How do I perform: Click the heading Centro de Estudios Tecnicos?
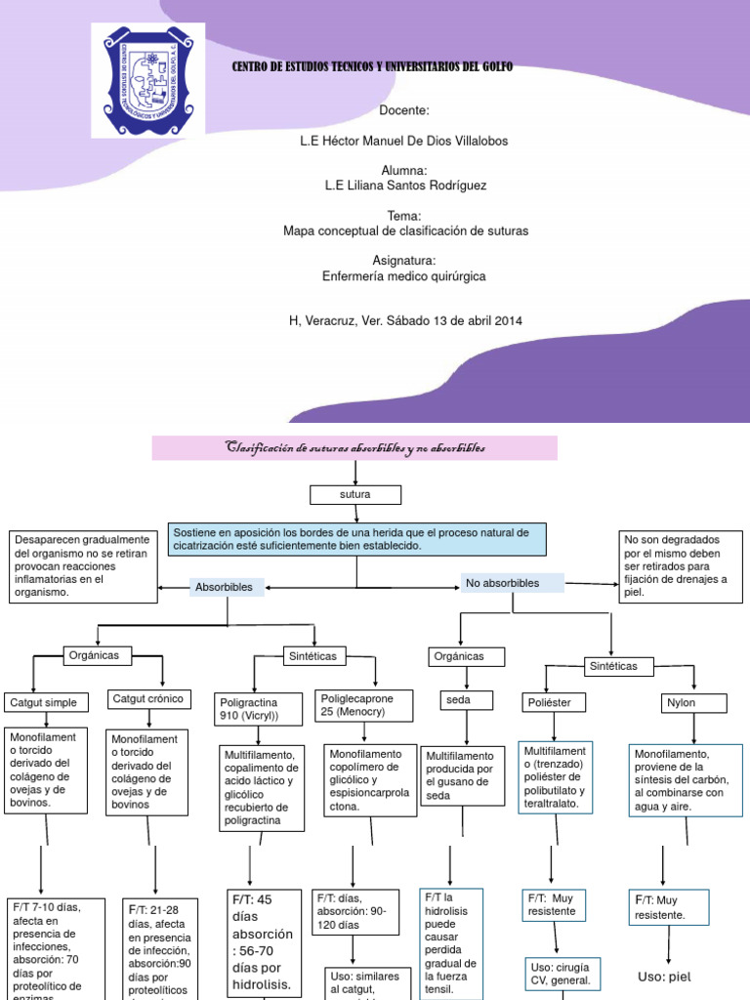(371, 66)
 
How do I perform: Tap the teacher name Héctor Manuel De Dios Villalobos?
(403, 142)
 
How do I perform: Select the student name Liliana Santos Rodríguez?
(403, 185)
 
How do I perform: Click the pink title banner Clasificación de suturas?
(354, 448)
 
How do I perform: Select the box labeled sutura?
(354, 495)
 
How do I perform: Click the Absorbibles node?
(225, 587)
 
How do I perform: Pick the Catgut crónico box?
(151, 699)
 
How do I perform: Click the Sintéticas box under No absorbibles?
(612, 666)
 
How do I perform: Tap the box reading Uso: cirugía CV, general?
(561, 973)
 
